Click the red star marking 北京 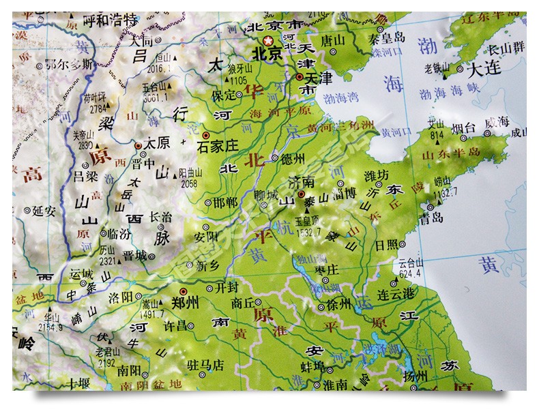(x=268, y=42)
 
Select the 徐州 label (x=339, y=303)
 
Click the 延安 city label (x=43, y=211)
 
